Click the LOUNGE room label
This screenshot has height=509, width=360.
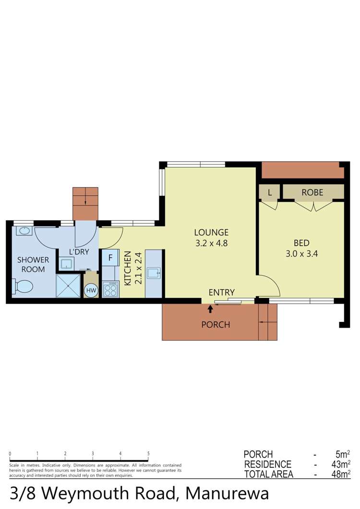coord(211,232)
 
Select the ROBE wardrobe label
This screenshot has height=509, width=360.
coord(312,193)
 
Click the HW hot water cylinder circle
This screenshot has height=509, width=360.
coord(91,290)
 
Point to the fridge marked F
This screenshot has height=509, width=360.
coord(110,258)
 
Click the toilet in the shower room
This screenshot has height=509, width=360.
coord(23,287)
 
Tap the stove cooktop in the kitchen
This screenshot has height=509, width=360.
coord(110,289)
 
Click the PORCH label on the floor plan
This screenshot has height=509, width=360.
coord(216,325)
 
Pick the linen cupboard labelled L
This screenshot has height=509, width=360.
coord(270,193)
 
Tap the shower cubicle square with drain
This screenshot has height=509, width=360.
coord(69,286)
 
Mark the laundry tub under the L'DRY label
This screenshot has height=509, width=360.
coord(66,263)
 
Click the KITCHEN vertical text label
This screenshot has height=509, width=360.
coord(128,269)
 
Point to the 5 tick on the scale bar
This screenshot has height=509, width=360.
coord(148,453)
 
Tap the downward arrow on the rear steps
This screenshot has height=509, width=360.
coord(85,196)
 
